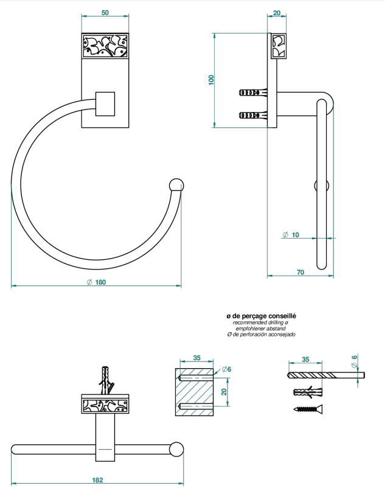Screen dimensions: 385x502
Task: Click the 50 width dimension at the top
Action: (x=105, y=13)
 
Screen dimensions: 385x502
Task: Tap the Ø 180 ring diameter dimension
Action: (x=96, y=282)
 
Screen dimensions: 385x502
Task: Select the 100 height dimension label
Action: (x=211, y=80)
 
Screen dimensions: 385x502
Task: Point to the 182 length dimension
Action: (x=97, y=480)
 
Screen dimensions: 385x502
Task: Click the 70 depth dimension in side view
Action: (x=300, y=272)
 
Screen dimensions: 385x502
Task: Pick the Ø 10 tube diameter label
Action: (x=291, y=235)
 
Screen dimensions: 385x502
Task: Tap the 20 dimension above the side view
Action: (x=277, y=13)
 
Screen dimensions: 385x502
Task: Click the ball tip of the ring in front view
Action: (x=176, y=185)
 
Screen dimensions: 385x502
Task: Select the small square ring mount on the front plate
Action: (x=105, y=103)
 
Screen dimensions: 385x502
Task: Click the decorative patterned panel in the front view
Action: (x=105, y=46)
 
